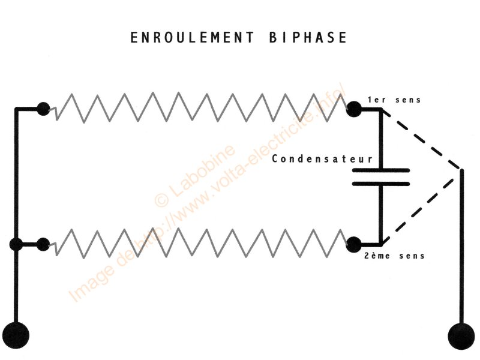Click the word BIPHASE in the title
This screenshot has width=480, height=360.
[305, 38]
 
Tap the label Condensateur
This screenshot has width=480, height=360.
[323, 160]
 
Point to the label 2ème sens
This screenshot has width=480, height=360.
[395, 256]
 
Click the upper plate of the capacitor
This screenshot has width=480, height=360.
[380, 170]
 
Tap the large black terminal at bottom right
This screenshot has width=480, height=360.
[463, 334]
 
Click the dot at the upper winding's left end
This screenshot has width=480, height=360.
[43, 109]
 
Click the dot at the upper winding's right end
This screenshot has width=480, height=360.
[354, 109]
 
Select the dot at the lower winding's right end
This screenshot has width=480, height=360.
[354, 244]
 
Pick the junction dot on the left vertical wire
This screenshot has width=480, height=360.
[16, 245]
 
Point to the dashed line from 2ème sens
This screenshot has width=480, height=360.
[423, 209]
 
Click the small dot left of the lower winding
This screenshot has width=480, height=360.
[43, 244]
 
